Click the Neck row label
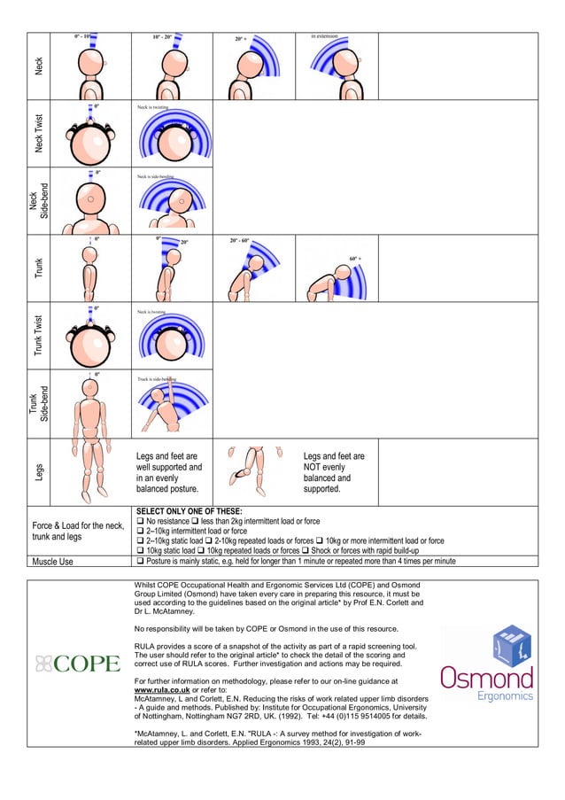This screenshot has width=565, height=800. click(38, 66)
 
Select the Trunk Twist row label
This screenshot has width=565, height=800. click(38, 336)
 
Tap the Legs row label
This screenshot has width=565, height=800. click(38, 473)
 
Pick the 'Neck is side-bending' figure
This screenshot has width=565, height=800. click(174, 202)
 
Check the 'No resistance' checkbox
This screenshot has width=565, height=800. click(139, 521)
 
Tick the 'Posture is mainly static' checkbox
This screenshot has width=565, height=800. click(139, 561)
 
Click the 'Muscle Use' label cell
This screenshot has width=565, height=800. click(53, 561)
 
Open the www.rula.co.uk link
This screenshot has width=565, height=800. click(161, 688)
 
